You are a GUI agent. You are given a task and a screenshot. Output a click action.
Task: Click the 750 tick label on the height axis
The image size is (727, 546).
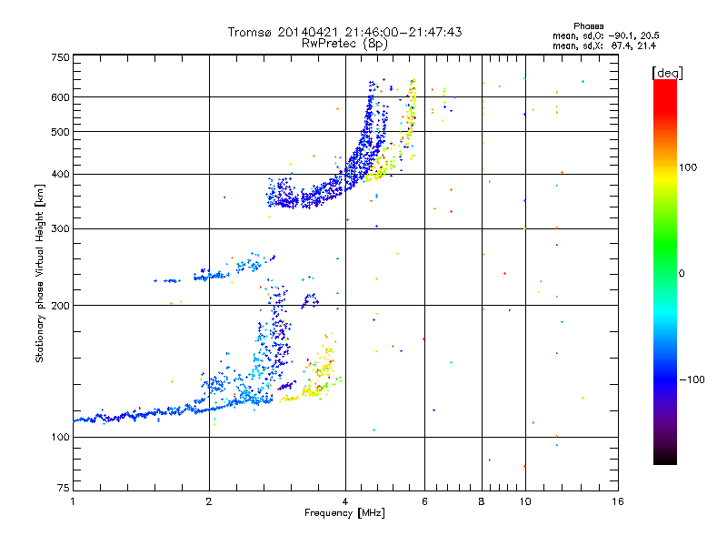pyautogui.click(x=60, y=57)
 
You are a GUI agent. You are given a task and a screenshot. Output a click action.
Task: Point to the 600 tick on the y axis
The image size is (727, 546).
pyautogui.click(x=60, y=97)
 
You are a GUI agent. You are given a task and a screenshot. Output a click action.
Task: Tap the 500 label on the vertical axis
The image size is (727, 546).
pyautogui.click(x=60, y=132)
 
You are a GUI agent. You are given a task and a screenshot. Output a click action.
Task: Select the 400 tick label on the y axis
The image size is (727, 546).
pyautogui.click(x=60, y=175)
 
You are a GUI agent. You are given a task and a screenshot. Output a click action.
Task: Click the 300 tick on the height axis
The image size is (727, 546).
pyautogui.click(x=60, y=229)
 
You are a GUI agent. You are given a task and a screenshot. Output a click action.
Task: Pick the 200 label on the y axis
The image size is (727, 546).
pyautogui.click(x=60, y=306)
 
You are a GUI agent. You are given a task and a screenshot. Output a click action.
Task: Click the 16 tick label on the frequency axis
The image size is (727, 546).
pyautogui.click(x=617, y=501)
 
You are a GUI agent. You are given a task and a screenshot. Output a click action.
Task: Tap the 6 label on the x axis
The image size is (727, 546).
pyautogui.click(x=424, y=501)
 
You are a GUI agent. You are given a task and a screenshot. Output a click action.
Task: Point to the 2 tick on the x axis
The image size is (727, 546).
pyautogui.click(x=209, y=501)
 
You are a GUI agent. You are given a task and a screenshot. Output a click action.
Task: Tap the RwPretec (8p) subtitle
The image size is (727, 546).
pyautogui.click(x=344, y=43)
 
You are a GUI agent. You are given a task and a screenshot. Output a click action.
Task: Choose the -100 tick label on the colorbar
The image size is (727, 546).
pyautogui.click(x=692, y=379)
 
